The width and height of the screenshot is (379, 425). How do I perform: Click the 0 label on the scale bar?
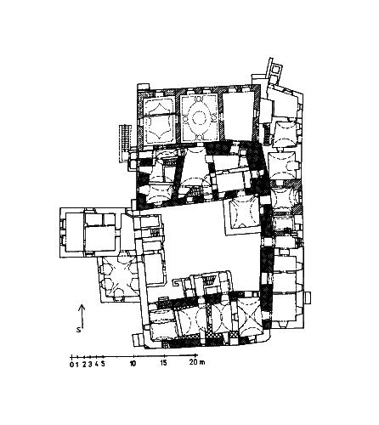[71, 365]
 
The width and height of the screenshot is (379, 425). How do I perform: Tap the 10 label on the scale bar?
[133, 363]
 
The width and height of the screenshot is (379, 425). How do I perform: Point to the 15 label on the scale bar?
[164, 362]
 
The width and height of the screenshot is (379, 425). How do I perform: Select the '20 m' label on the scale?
[197, 362]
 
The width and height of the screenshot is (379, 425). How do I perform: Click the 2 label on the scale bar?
[84, 365]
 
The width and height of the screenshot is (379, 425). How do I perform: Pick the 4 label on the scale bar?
[97, 364]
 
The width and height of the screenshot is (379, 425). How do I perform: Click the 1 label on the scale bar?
[77, 365]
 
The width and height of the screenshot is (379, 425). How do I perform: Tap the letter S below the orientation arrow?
[78, 330]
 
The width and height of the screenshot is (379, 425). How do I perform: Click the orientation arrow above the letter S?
[82, 316]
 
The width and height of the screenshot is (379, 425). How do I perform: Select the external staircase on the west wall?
[125, 143]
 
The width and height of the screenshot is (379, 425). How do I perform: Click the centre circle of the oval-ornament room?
[198, 117]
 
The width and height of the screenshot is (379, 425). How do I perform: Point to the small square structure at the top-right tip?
[276, 69]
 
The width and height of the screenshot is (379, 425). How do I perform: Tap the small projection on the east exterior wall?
[308, 298]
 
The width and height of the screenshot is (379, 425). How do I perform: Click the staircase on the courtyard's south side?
[209, 280]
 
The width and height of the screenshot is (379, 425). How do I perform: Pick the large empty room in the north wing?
[238, 116]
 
